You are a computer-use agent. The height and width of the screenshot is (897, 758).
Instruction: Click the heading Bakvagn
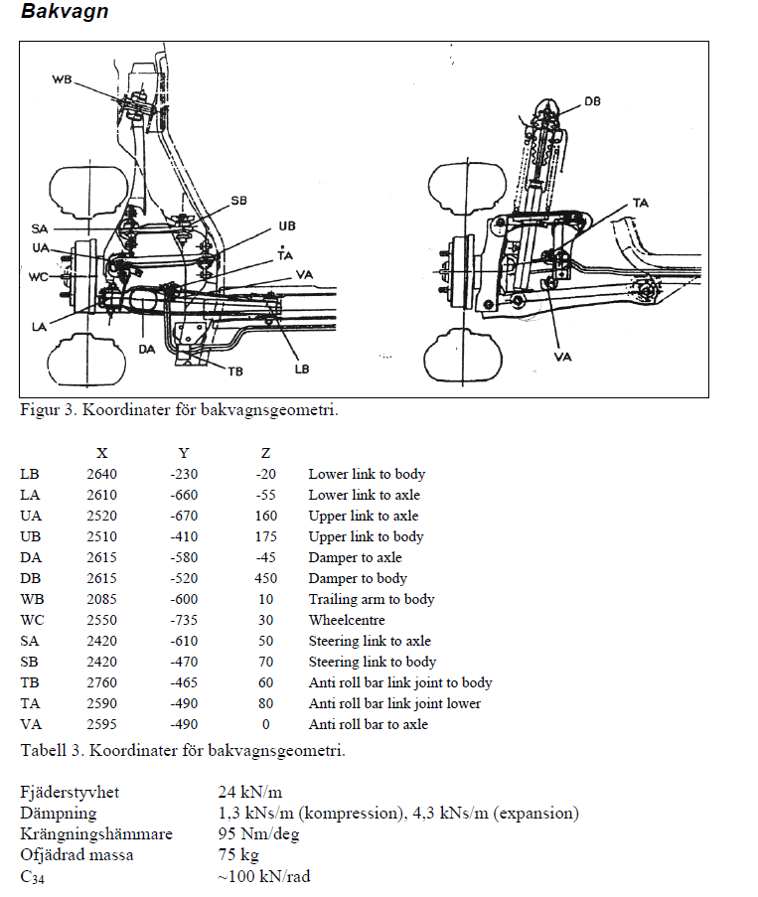65,13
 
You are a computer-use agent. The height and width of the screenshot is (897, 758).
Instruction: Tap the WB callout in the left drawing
63,78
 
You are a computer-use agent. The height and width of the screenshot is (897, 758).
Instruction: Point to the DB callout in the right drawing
593,101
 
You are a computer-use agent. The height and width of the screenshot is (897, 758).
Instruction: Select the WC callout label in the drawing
39,275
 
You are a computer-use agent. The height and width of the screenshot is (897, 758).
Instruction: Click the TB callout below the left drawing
235,372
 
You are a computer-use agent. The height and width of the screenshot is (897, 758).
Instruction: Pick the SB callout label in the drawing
238,201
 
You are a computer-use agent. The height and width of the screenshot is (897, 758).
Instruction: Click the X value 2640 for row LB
101,474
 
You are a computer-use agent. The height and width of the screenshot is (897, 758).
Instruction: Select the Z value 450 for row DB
265,578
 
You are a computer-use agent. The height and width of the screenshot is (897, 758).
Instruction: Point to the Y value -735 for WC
183,620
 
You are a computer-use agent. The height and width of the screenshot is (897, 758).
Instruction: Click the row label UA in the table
30,516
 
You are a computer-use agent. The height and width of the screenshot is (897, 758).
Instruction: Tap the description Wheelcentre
347,620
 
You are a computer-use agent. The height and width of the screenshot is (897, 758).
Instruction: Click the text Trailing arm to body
372,599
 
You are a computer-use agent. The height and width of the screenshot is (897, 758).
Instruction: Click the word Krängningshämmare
96,833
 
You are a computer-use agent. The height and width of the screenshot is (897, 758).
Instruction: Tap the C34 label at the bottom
33,876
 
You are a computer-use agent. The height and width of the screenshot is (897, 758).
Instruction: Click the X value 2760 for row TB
101,682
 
